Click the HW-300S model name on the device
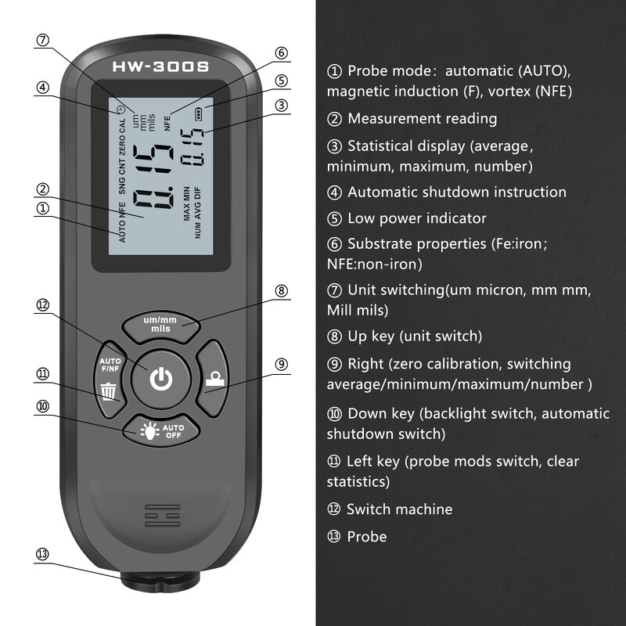click(x=160, y=67)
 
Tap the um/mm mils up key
click(x=160, y=324)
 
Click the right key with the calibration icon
click(x=212, y=380)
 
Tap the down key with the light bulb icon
click(x=160, y=430)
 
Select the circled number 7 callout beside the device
click(x=43, y=41)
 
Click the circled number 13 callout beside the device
click(x=43, y=554)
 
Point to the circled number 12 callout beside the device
click(x=43, y=305)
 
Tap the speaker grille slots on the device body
click(x=160, y=517)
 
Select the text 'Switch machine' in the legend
click(x=399, y=509)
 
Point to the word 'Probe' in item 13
click(x=367, y=537)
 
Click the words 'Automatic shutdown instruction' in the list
click(x=456, y=192)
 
